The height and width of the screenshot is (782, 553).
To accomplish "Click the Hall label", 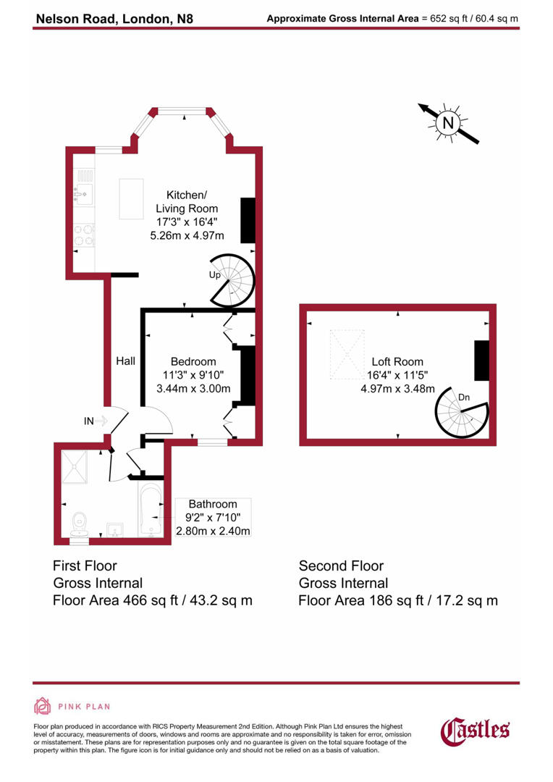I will [x=125, y=361].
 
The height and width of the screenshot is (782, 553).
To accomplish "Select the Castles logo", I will [x=476, y=730].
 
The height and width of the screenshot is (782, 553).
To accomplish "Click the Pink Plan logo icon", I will [x=43, y=706].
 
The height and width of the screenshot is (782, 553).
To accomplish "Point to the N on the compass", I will [x=448, y=123].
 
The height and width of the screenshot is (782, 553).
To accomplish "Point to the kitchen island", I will [x=132, y=198].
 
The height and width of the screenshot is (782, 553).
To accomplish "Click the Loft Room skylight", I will [x=347, y=354].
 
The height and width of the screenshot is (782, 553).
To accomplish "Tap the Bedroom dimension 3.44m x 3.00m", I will [x=193, y=389].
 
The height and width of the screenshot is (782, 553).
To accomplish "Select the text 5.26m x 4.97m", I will [x=187, y=236].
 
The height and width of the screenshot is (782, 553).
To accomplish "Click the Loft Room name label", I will [x=397, y=361].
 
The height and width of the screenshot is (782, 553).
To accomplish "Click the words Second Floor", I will [x=341, y=566].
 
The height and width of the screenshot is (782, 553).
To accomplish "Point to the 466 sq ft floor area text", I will [x=153, y=600].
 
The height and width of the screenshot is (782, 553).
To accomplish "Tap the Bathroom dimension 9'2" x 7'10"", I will [x=213, y=518].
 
